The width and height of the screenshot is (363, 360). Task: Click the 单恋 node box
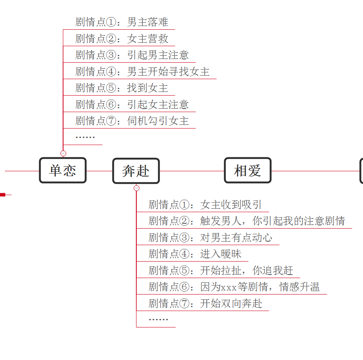click(63, 170)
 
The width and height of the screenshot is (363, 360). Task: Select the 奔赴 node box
click(136, 171)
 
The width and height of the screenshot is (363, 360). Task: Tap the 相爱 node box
click(248, 170)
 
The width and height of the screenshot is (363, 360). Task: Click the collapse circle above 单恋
click(63, 153)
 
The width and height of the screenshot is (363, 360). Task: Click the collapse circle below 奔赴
click(137, 188)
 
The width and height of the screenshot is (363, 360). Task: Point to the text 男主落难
click(147, 22)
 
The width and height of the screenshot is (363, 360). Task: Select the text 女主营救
click(147, 39)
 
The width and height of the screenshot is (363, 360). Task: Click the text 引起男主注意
click(158, 55)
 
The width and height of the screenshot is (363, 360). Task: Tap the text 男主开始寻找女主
click(168, 72)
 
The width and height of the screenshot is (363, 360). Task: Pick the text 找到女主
click(147, 88)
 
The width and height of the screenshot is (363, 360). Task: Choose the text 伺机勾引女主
click(158, 121)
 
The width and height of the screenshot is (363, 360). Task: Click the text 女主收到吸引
click(231, 205)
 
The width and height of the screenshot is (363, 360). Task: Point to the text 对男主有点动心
click(236, 238)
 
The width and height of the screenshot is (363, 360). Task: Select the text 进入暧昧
click(221, 254)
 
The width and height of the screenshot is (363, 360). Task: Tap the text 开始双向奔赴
click(231, 303)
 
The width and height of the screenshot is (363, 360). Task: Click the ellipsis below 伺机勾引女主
click(85, 137)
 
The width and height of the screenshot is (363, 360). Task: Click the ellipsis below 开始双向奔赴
click(158, 319)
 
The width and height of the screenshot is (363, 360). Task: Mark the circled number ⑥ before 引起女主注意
click(111, 105)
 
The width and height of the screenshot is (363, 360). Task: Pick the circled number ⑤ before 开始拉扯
click(184, 271)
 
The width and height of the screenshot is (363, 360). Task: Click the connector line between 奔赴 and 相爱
click(192, 171)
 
